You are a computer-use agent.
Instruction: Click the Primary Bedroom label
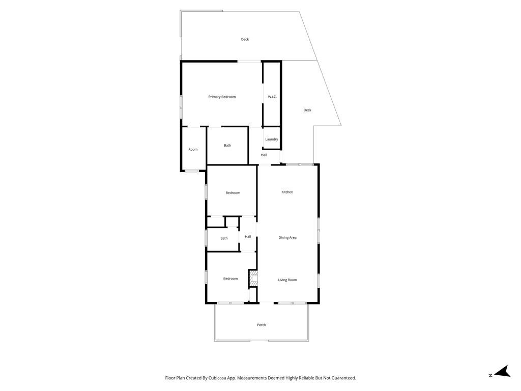[x=222, y=97]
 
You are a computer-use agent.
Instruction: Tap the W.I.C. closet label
[x=272, y=97]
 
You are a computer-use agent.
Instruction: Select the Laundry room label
[x=272, y=139]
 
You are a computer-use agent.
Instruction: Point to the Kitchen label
[x=287, y=192]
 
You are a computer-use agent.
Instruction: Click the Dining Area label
[x=287, y=238]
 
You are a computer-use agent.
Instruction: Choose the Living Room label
[x=287, y=280]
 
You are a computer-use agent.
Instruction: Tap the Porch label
[x=262, y=325]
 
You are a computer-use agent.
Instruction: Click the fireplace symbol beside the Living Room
[x=253, y=278]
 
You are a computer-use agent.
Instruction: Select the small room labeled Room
[x=193, y=150]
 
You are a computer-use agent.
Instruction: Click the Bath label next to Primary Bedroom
[x=227, y=146]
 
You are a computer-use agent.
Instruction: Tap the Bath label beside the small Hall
[x=224, y=238]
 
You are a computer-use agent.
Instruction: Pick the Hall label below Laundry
[x=264, y=155]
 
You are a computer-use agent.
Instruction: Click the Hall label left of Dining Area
[x=248, y=237]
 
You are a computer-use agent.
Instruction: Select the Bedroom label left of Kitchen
[x=233, y=193]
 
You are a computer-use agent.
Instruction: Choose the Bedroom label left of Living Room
[x=230, y=278]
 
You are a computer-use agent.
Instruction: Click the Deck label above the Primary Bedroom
[x=245, y=39]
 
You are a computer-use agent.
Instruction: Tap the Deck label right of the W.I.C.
[x=307, y=110]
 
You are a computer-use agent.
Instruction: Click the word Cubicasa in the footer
[x=219, y=378]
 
